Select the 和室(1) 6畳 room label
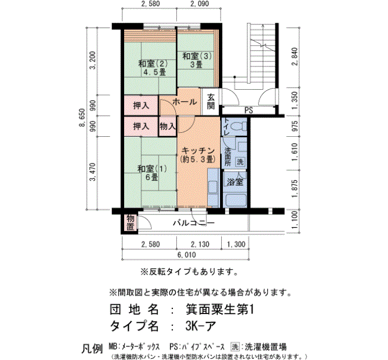151,173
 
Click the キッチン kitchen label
197,155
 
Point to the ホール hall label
184,102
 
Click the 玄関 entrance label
211,102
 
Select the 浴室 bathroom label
233,181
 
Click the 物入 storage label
167,126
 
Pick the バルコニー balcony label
193,223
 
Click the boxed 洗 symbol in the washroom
240,162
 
